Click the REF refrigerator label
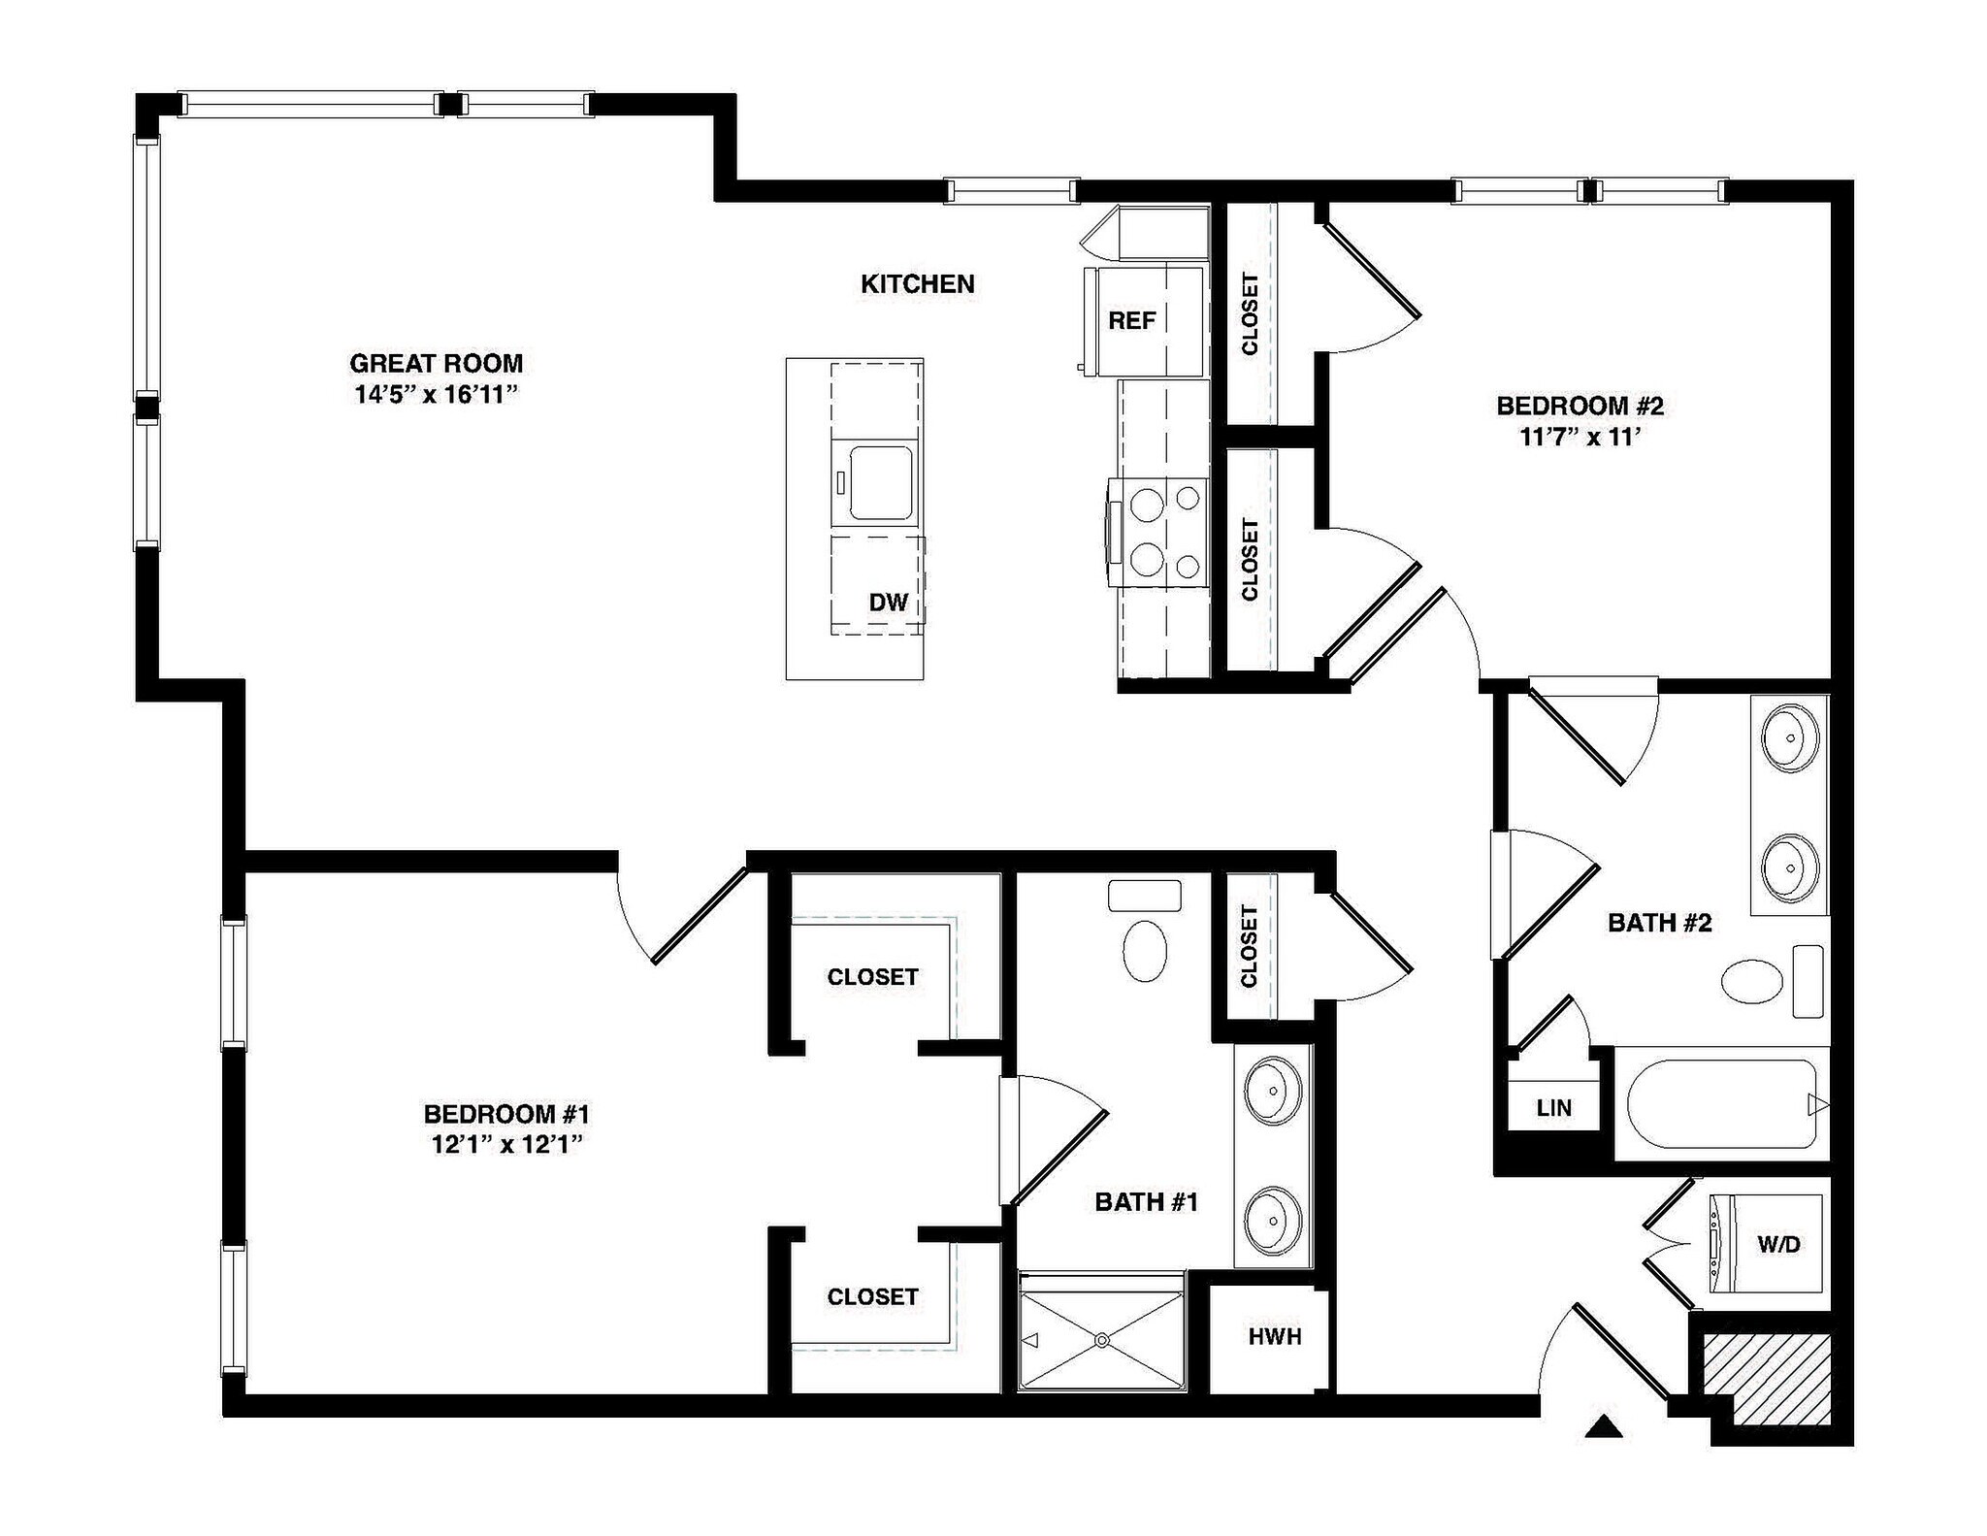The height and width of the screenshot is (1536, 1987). coord(1131,320)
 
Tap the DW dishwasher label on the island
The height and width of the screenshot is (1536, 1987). coord(888,603)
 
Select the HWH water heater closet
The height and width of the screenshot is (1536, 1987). coord(1274,1337)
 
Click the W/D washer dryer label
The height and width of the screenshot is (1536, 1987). coord(1778,1244)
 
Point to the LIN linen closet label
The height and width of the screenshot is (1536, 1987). coord(1553,1108)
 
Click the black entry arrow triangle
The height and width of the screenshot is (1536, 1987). coord(1604,1426)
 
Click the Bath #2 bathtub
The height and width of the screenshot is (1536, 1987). coord(1720,1105)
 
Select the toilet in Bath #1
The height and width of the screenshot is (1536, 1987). coord(1145,949)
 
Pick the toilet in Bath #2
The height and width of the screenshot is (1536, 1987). coord(1752,981)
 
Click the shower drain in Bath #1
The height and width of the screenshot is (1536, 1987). coord(1101,1340)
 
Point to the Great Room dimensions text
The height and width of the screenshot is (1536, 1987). coord(436,395)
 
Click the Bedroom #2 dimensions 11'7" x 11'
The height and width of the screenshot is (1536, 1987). coord(1580,438)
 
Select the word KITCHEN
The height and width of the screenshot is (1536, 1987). coord(917,284)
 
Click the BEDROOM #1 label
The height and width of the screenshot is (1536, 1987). coord(505,1114)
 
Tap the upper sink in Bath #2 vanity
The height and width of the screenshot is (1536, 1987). coord(1789,738)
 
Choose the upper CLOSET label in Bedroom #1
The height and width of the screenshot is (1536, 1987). coord(871,977)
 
